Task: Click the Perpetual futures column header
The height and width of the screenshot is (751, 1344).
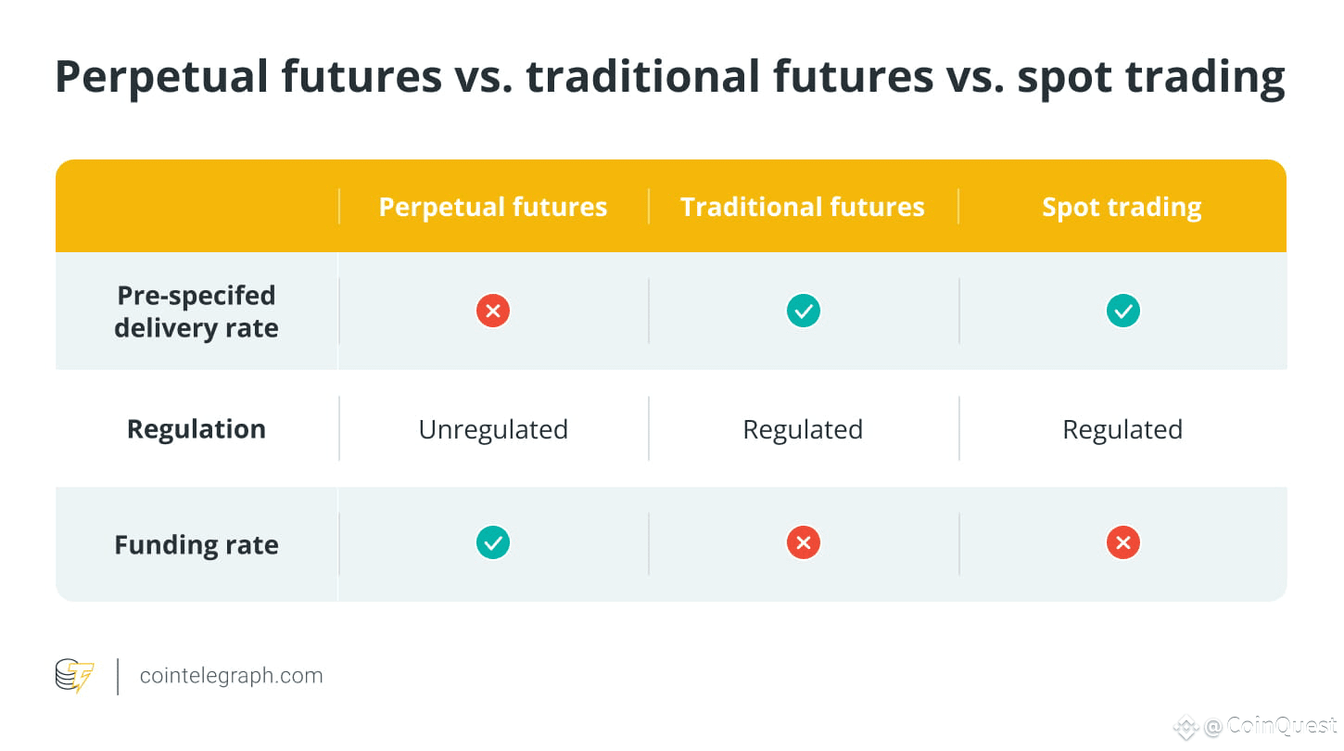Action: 492,207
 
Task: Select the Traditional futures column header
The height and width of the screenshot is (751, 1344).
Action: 803,207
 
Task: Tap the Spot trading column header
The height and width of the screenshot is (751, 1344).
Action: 1122,208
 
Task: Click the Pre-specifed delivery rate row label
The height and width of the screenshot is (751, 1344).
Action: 197,312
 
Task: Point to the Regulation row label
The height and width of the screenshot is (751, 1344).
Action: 197,429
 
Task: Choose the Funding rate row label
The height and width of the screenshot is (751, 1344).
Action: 197,545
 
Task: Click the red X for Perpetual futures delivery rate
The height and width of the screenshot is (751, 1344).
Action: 493,311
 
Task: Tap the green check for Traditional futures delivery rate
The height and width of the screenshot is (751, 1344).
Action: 804,311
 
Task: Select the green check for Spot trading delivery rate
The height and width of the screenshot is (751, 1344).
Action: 1123,311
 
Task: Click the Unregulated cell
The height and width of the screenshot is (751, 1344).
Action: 493,430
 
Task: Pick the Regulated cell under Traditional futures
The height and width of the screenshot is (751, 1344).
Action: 803,430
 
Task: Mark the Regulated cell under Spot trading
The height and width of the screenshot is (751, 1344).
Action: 1122,430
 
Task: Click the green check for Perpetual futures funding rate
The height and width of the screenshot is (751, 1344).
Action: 493,542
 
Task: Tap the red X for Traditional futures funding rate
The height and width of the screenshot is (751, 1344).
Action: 804,542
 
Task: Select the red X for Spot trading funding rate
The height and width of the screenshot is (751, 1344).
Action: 1123,542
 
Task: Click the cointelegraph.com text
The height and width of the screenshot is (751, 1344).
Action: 231,676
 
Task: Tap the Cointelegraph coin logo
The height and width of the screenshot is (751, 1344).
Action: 74,675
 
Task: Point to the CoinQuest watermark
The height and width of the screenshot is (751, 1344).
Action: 1255,726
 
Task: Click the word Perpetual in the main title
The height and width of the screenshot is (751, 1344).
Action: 161,78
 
